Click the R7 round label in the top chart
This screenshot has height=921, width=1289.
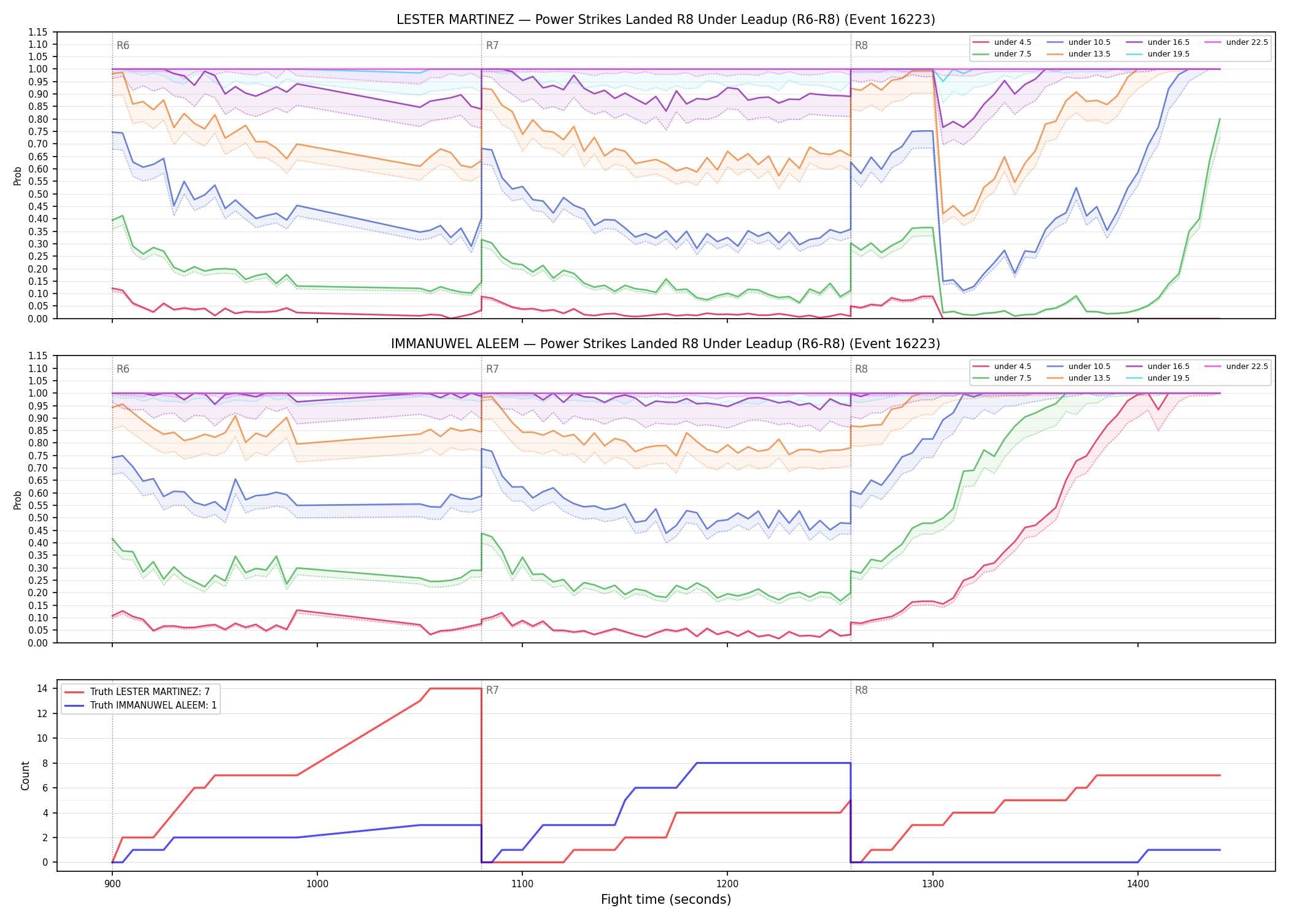coord(492,45)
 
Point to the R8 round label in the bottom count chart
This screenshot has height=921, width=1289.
coord(861,690)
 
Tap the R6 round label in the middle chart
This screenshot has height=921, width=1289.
coord(123,369)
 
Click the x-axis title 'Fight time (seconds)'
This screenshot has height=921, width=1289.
coord(666,900)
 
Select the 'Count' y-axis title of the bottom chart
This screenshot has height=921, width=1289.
coord(25,775)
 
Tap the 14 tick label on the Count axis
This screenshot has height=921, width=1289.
coord(42,688)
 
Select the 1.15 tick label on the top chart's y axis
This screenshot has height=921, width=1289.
coord(38,32)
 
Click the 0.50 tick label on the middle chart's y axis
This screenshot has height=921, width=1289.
coord(38,518)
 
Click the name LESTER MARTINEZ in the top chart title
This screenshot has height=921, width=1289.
coord(455,20)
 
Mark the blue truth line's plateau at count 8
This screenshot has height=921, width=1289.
coord(773,763)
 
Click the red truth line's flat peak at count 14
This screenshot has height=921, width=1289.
coord(455,688)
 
